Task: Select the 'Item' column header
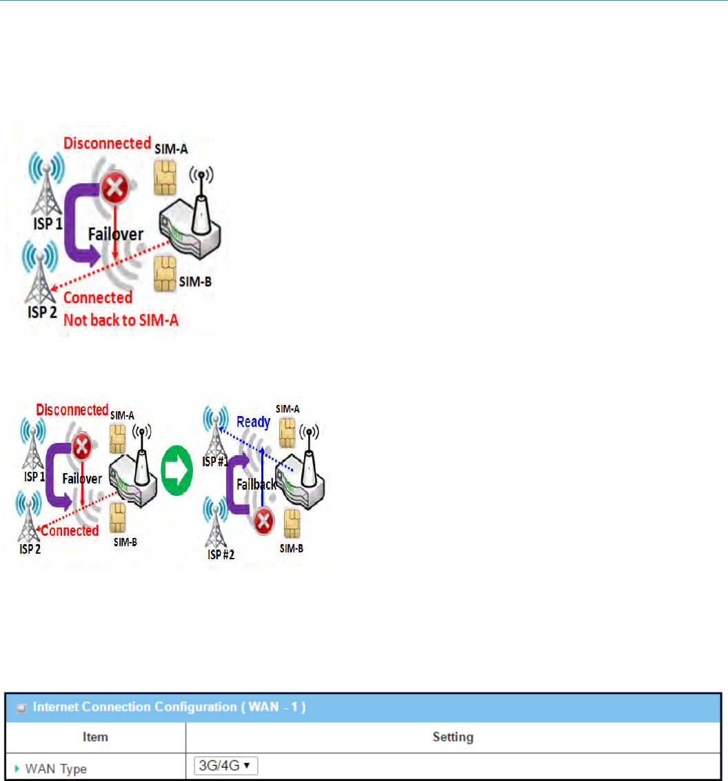[95, 737]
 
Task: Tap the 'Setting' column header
[452, 737]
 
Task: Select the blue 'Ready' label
[253, 421]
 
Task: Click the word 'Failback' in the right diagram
[256, 484]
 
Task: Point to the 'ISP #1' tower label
[214, 461]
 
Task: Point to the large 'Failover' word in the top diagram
[115, 234]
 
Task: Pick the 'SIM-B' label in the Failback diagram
[292, 548]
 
